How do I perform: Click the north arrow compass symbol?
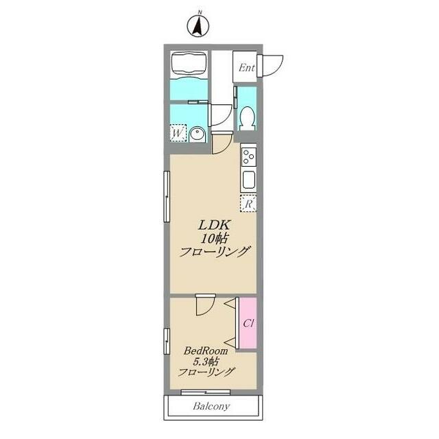[x=198, y=26]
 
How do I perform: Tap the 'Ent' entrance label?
[x=247, y=68]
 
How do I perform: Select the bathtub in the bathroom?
[x=189, y=65]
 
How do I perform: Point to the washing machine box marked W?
[x=178, y=132]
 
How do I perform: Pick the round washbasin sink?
[x=198, y=134]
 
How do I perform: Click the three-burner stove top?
[x=248, y=157]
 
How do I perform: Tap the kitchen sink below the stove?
[x=248, y=180]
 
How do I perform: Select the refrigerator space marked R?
[x=248, y=203]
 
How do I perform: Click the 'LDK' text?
[x=215, y=225]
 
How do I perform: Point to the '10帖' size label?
[x=214, y=239]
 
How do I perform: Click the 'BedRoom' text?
[x=206, y=351]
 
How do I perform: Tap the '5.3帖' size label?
[x=206, y=361]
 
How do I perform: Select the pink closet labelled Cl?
[x=248, y=323]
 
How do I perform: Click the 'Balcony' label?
[x=211, y=406]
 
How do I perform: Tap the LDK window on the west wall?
[x=167, y=197]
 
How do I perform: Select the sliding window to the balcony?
[x=206, y=392]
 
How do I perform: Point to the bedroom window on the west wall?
[x=167, y=341]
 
